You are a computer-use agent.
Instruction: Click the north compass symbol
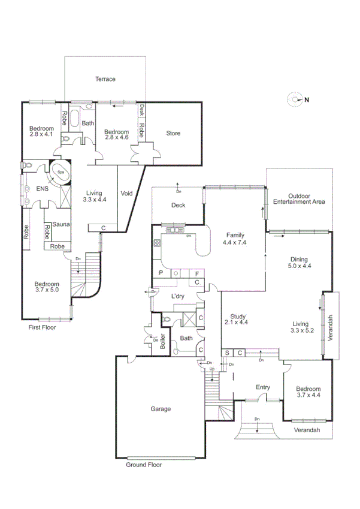[295, 100]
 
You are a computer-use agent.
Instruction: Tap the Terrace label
[105, 79]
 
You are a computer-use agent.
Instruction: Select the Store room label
[173, 133]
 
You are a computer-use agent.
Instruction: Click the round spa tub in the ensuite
[60, 173]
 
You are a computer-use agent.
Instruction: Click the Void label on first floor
[126, 194]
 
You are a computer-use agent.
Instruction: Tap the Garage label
[160, 409]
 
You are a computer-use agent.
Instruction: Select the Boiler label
[162, 341]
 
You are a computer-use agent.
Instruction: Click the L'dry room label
[177, 297]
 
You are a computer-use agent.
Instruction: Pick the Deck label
[178, 205]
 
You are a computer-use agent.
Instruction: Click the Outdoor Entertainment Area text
[299, 199]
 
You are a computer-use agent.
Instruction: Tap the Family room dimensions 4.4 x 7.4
[235, 243]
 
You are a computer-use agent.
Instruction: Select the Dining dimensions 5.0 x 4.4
[300, 265]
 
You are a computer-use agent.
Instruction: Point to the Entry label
[264, 387]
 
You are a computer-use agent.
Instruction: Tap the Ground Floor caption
[144, 464]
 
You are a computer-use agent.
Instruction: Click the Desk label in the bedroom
[142, 110]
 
